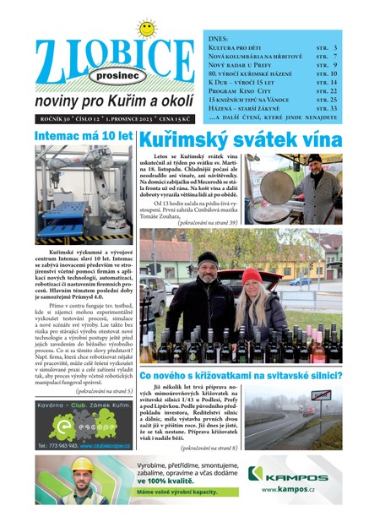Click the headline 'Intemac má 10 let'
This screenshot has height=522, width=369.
tap(83, 136)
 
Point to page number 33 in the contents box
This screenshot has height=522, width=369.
tap(333, 109)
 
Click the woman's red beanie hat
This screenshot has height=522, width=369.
tap(252, 275)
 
